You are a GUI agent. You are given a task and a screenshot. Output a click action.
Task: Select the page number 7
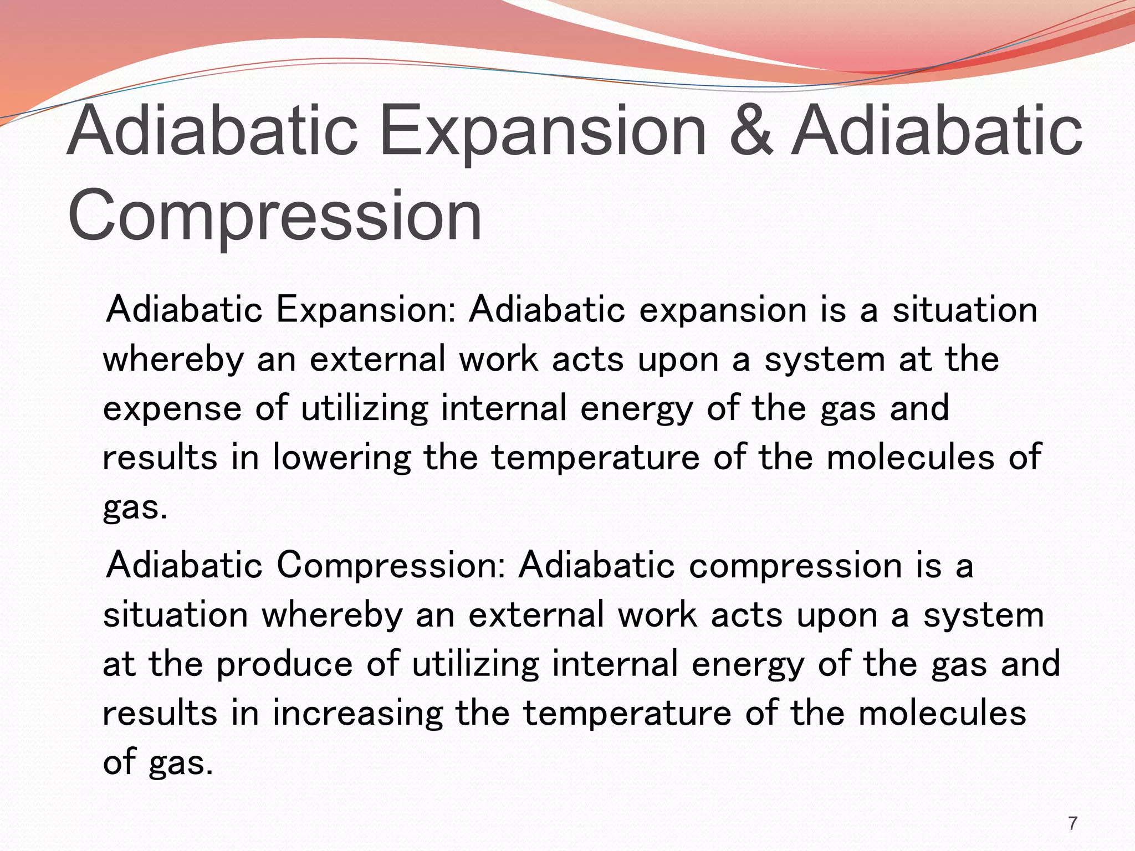1073,823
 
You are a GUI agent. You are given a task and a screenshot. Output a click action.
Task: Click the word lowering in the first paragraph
341,458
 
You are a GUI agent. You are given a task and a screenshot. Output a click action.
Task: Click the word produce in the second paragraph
284,664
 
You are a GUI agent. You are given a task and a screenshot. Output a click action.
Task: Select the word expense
172,409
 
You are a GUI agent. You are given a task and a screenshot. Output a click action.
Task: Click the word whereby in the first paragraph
173,359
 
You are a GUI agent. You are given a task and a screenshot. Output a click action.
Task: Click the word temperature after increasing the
627,714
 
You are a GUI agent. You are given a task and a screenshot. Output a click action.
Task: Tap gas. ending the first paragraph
135,507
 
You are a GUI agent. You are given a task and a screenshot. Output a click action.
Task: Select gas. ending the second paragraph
181,762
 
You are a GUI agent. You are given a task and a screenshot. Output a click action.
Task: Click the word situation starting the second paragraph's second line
175,615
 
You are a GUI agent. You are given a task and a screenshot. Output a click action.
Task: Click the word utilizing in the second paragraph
475,664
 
